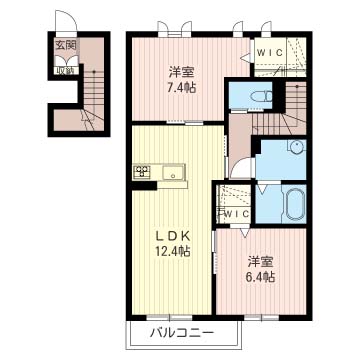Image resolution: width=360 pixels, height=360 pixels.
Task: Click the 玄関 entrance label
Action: pos(66,46)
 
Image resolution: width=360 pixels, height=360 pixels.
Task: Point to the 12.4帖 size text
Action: pos(173,251)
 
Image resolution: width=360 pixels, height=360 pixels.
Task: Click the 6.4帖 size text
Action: pos(261,277)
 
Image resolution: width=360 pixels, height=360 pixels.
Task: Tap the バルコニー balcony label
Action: pos(182,332)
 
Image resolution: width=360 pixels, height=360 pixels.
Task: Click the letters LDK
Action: pos(173,236)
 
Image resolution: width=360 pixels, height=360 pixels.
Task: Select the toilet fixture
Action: pos(262,97)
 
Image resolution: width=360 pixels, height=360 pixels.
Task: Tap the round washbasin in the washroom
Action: pos(296,146)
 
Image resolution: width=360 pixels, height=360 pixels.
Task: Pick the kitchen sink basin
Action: pos(173,172)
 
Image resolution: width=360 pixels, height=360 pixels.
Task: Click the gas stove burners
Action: pos(142,172)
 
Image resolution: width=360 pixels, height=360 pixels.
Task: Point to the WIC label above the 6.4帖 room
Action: pos(236,214)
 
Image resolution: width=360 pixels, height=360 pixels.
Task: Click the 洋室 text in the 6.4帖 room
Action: pos(261,262)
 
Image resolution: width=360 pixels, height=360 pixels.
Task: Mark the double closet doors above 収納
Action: pos(67,61)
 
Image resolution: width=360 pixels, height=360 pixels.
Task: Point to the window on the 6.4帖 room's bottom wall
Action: pos(261,318)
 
